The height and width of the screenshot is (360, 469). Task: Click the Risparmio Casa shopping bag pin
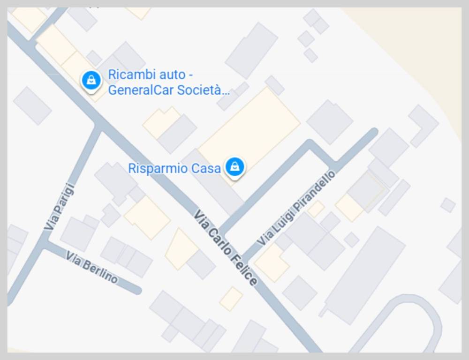click(x=234, y=166)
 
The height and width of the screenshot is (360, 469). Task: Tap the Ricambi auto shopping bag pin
click(x=91, y=80)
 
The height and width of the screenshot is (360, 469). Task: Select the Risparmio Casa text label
click(x=174, y=168)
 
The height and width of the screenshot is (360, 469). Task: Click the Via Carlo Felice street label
click(x=226, y=248)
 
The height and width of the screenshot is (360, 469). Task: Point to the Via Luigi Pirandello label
click(x=296, y=208)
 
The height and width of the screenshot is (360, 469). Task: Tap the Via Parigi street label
click(x=60, y=207)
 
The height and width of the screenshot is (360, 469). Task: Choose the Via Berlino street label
click(x=92, y=267)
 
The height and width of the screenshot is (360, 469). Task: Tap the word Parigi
click(x=62, y=199)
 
